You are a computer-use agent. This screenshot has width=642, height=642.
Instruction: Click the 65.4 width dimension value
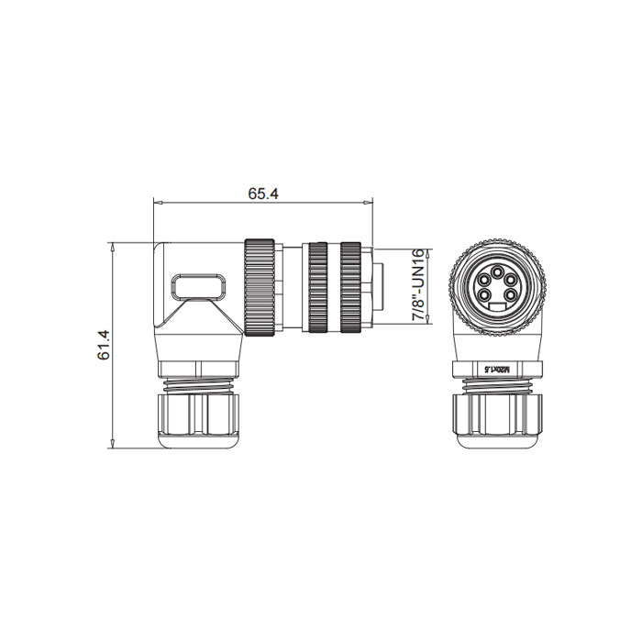pyautogui.click(x=262, y=194)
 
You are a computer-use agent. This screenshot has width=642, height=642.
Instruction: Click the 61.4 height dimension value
pyautogui.click(x=103, y=345)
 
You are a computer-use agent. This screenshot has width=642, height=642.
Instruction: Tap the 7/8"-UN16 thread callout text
pyautogui.click(x=418, y=284)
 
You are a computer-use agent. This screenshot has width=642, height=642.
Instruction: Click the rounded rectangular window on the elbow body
pyautogui.click(x=199, y=285)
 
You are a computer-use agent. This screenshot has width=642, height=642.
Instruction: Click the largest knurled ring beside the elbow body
pyautogui.click(x=260, y=289)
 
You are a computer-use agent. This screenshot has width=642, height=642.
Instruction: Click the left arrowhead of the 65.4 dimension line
pyautogui.click(x=157, y=202)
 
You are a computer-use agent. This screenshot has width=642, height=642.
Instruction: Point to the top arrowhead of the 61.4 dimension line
pyautogui.click(x=112, y=246)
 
